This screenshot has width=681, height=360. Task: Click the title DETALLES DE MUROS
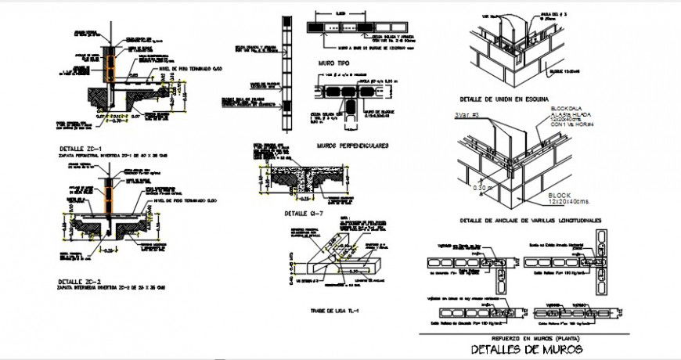[x=523, y=348]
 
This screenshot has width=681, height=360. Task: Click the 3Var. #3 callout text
[x=467, y=116]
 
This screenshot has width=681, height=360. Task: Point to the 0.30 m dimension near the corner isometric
[x=483, y=187]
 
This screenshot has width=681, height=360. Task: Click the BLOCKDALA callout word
[x=568, y=107]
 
